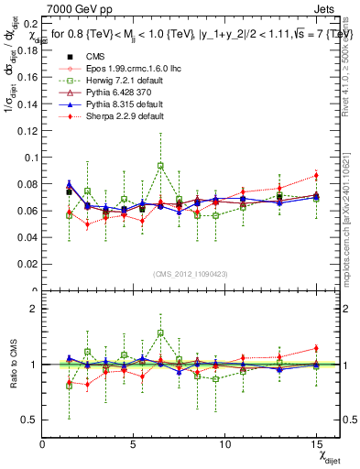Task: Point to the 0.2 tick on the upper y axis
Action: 30,23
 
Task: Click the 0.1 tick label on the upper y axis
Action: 30,157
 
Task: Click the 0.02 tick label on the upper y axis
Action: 27,264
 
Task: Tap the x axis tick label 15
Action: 315,444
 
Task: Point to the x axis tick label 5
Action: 134,444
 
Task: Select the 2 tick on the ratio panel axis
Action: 34,309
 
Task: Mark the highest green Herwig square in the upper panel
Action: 160,166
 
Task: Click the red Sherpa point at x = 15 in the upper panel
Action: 315,175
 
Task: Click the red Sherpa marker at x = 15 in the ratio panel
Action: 315,348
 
